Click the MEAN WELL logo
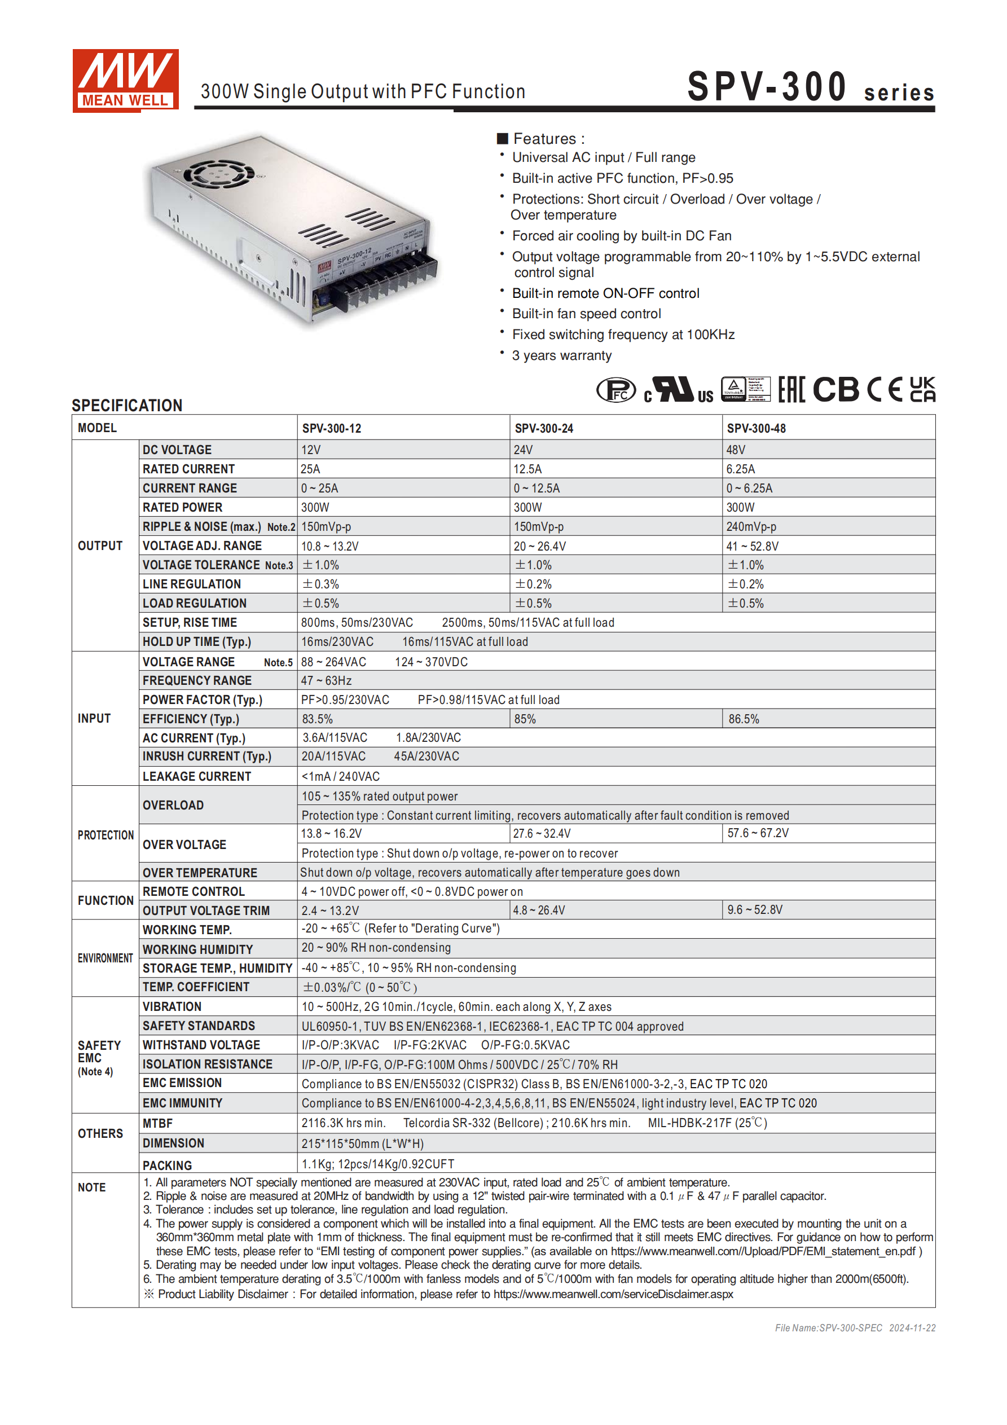pos(125,81)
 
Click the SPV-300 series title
pos(810,87)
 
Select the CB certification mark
pos(835,390)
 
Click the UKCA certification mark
pos(922,390)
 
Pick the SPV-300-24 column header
pos(544,428)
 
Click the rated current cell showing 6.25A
pos(741,469)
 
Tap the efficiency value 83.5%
pos(317,719)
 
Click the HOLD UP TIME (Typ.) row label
pos(197,642)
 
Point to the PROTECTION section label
pos(105,835)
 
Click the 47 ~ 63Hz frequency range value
pos(327,681)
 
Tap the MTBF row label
pos(158,1124)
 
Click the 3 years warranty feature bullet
pos(561,355)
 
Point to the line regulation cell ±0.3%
pos(320,584)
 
